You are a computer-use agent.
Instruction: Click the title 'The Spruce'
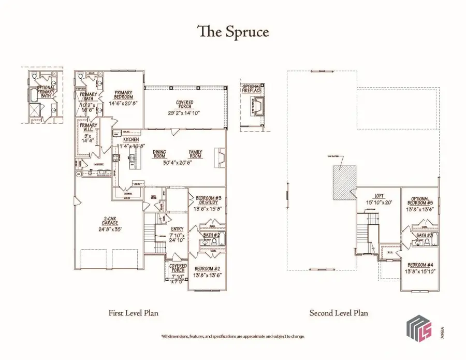pyautogui.click(x=232, y=32)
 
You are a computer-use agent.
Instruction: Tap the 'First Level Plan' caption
pyautogui.click(x=133, y=313)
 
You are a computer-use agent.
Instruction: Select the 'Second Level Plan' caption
pyautogui.click(x=339, y=313)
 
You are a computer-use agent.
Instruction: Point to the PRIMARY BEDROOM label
pyautogui.click(x=124, y=95)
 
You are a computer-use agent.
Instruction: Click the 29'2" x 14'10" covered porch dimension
pyautogui.click(x=184, y=113)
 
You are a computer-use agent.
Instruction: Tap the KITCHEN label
pyautogui.click(x=130, y=140)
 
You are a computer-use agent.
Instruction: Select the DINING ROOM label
pyautogui.click(x=159, y=154)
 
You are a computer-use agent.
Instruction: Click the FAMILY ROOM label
pyautogui.click(x=196, y=154)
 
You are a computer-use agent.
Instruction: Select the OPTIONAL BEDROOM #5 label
pyautogui.click(x=423, y=201)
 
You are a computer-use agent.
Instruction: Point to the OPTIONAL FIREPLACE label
pyautogui.click(x=252, y=89)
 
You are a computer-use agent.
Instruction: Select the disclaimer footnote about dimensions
pyautogui.click(x=232, y=336)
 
